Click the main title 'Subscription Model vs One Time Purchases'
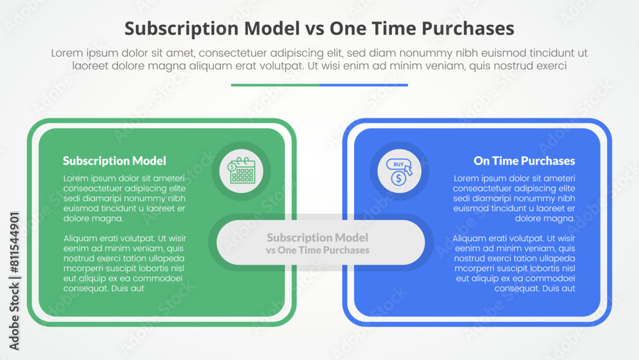pyautogui.click(x=319, y=28)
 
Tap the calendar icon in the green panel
pyautogui.click(x=242, y=171)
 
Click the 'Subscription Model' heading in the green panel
pyautogui.click(x=114, y=161)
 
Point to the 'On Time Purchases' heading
pyautogui.click(x=524, y=161)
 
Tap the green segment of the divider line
pyautogui.click(x=275, y=84)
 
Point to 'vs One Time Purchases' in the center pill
pyautogui.click(x=318, y=250)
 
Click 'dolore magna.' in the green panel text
pyautogui.click(x=93, y=218)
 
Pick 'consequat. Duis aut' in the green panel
pyautogui.click(x=104, y=288)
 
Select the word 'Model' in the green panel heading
pyautogui.click(x=148, y=161)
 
